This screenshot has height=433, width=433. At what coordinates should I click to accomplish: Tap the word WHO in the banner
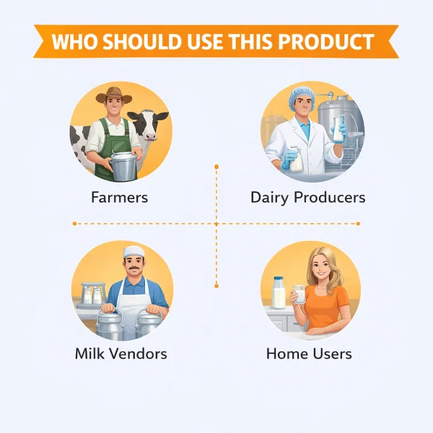74,42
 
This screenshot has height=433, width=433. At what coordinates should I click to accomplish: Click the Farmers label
119,197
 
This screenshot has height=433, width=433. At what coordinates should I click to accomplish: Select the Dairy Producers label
307,197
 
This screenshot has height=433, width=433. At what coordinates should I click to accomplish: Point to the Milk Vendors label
121,354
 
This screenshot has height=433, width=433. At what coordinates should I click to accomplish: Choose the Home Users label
309,354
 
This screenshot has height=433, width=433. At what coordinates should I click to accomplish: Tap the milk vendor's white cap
133,251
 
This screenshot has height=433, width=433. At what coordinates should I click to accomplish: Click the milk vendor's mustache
134,271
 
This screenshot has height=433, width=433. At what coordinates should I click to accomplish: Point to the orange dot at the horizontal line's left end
74,224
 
